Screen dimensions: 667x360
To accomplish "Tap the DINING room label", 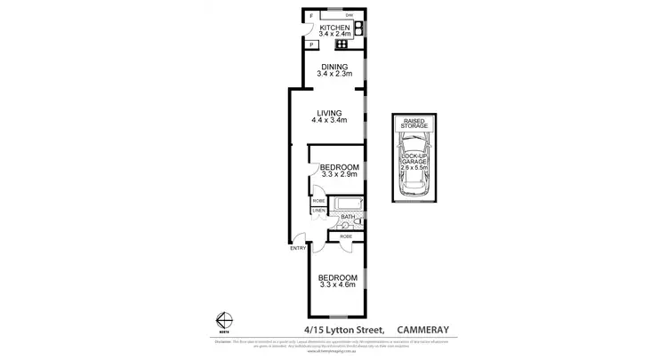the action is [335, 68].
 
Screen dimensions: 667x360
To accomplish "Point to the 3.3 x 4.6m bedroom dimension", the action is [338, 284].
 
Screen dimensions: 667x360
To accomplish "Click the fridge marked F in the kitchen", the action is [311, 17].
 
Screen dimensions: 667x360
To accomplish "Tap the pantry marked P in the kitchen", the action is [311, 44].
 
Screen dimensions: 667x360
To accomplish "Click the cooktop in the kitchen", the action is [341, 44].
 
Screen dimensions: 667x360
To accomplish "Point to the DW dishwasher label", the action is [350, 15].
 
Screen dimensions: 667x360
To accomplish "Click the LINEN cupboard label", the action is [317, 210].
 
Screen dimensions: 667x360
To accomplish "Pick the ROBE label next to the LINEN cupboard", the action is [317, 202].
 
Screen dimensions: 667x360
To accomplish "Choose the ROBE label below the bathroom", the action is [346, 236].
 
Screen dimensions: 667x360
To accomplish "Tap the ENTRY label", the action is [298, 248].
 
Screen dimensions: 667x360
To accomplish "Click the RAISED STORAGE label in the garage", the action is [415, 124].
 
